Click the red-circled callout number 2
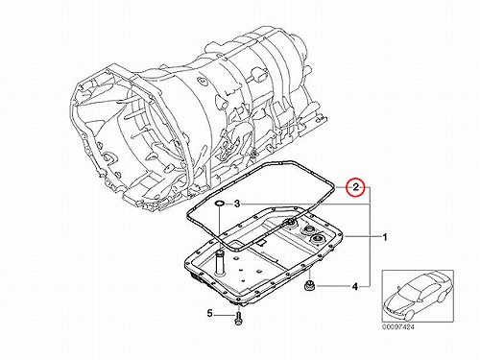tap(356, 187)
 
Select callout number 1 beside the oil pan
tap(385, 237)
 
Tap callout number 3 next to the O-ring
tap(237, 204)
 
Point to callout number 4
tap(355, 287)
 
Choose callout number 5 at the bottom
tap(209, 314)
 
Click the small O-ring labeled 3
tap(219, 204)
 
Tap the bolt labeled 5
tap(238, 319)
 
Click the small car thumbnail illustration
tap(418, 297)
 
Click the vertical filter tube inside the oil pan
tap(220, 263)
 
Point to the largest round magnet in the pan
tap(319, 239)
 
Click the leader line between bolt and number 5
tap(224, 315)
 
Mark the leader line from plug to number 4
tap(333, 285)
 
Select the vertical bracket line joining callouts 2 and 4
tap(371, 236)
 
